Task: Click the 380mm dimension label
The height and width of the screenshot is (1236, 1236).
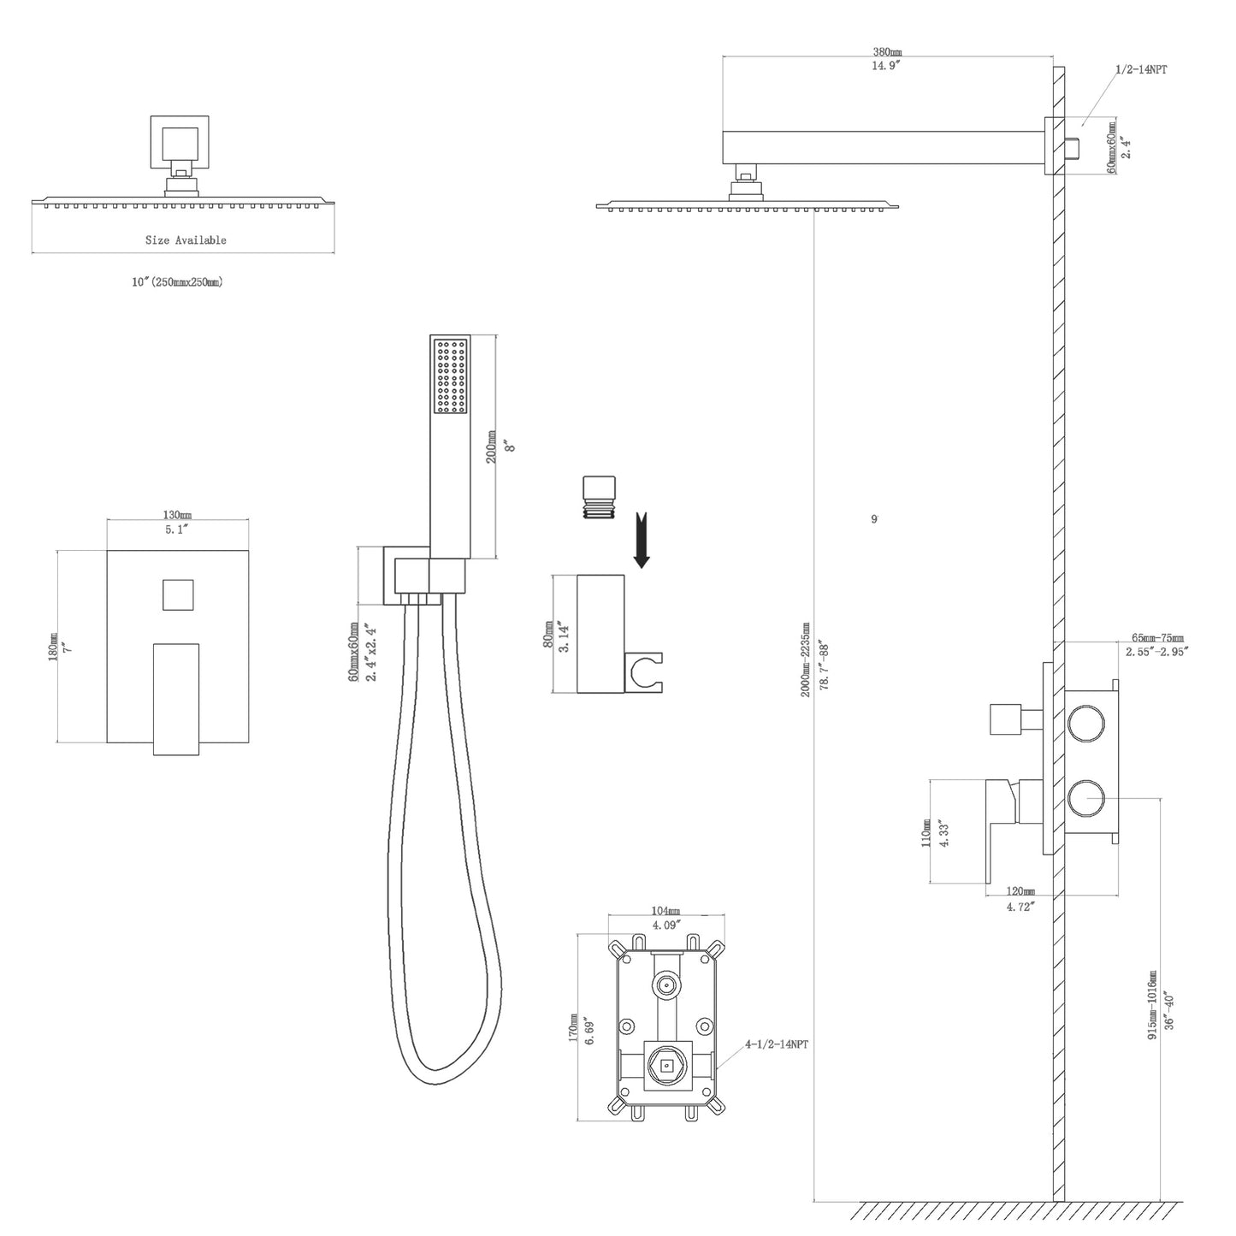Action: click(x=885, y=52)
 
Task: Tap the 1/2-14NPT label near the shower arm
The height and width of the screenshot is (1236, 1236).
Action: click(x=1140, y=69)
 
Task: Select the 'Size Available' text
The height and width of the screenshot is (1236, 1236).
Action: click(x=186, y=240)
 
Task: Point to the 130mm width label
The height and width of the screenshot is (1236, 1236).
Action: click(x=177, y=515)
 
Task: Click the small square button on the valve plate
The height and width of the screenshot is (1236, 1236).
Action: click(x=178, y=594)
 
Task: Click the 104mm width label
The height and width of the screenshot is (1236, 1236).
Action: click(x=666, y=912)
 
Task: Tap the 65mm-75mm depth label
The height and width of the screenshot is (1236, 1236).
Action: click(x=1158, y=638)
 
